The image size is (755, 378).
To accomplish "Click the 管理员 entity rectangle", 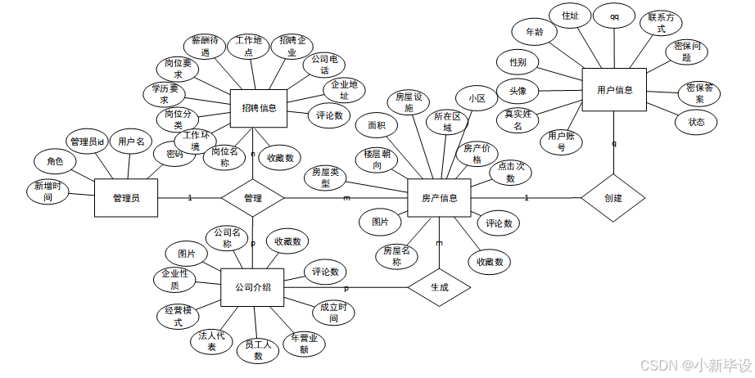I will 125,197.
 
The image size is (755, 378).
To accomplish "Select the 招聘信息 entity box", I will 258,108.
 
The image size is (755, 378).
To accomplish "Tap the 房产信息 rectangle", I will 439,198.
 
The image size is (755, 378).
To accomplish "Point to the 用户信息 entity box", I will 613,90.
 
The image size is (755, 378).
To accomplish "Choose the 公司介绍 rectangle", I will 253,287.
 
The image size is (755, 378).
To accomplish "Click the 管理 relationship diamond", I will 253,198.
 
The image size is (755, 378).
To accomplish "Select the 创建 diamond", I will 613,198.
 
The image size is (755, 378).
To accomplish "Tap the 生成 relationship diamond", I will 439,288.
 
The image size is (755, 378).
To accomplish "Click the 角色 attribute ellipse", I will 54,161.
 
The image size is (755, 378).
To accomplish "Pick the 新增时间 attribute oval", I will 50,192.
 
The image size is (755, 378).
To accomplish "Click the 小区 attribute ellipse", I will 477,98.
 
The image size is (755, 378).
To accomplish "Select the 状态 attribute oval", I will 696,122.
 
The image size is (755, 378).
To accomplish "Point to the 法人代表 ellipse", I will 211,341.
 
